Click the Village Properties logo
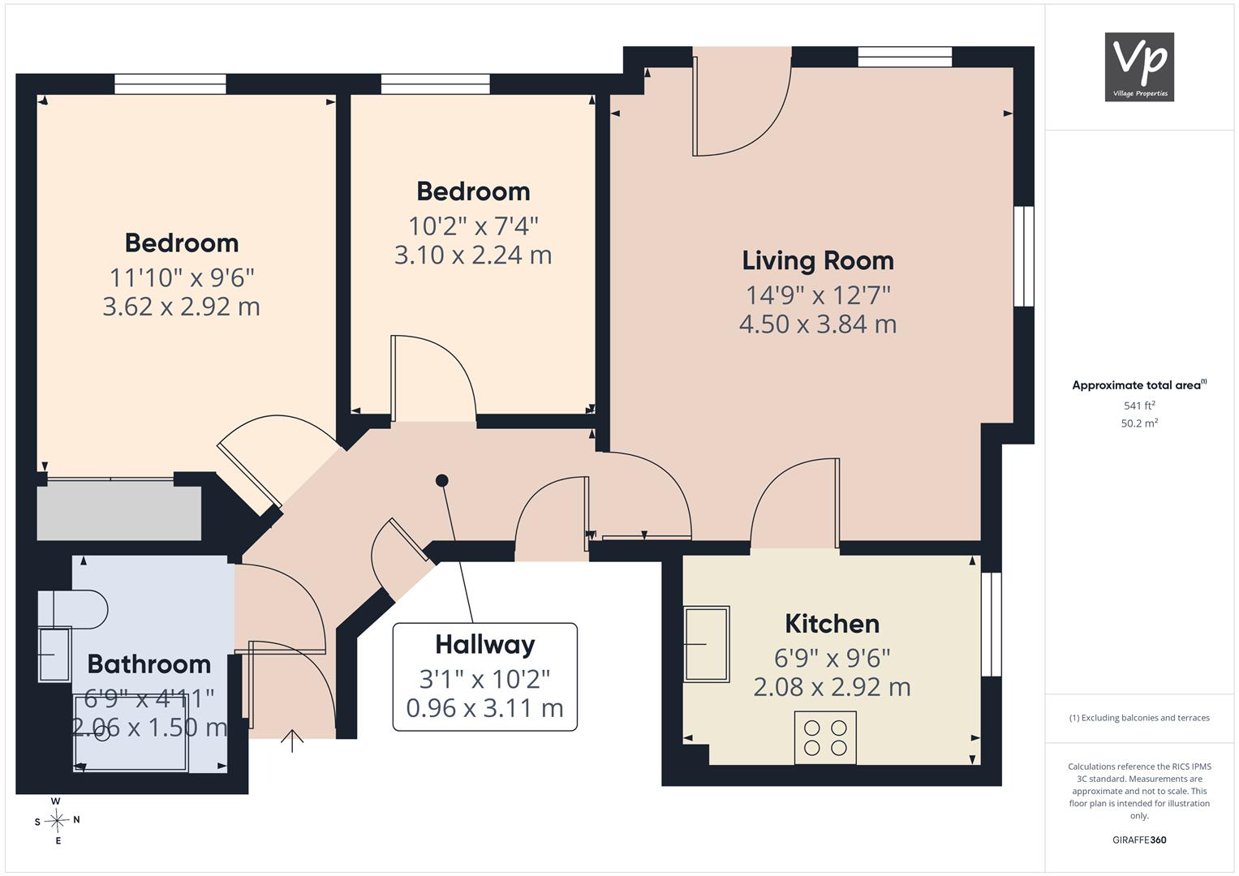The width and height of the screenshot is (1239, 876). click(1139, 67)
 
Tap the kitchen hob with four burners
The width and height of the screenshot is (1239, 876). click(825, 738)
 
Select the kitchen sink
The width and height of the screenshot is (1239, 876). click(707, 644)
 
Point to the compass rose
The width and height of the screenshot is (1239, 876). click(57, 821)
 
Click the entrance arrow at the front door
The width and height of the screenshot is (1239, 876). click(292, 741)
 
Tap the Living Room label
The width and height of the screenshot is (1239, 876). click(818, 260)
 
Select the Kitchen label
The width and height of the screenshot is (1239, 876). click(832, 624)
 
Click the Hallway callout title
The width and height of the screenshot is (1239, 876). click(485, 645)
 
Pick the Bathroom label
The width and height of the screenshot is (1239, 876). click(149, 664)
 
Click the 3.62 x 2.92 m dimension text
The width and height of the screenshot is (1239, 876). click(182, 307)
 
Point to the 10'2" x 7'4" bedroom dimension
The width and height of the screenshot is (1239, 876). click(473, 226)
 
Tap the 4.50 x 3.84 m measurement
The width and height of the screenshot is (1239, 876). click(818, 324)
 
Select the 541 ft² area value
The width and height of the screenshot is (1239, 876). click(1139, 406)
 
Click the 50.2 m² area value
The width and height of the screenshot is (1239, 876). click(1139, 423)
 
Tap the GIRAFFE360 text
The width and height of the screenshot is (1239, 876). click(1139, 839)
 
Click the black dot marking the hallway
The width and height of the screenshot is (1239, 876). click(442, 480)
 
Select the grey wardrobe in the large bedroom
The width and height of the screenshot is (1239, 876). click(119, 513)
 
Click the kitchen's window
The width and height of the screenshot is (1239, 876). click(992, 625)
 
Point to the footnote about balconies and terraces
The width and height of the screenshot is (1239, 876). click(1139, 718)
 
